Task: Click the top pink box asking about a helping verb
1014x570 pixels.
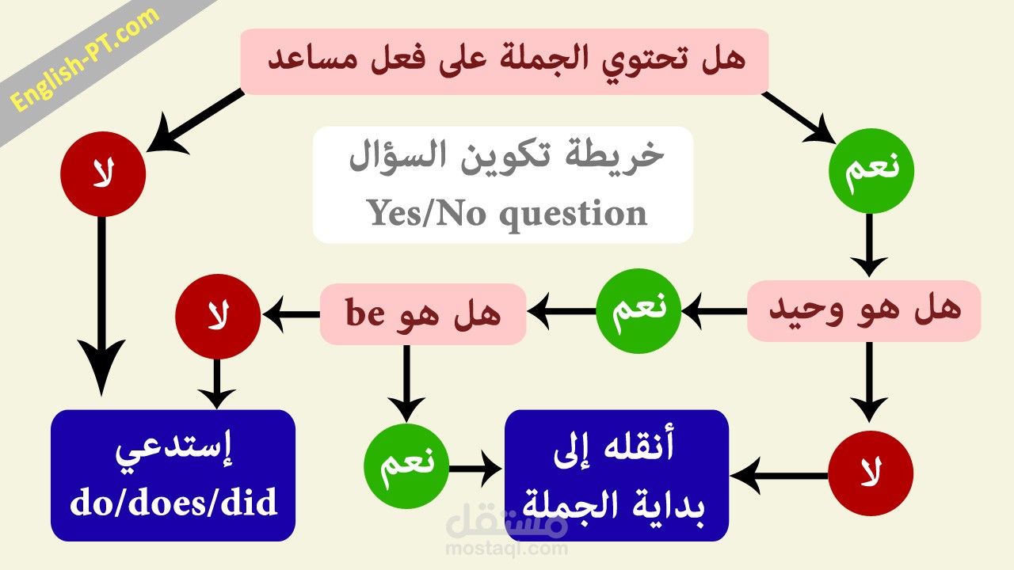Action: tap(505, 62)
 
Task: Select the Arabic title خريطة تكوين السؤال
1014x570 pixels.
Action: tap(506, 156)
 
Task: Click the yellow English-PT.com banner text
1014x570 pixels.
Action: tap(85, 59)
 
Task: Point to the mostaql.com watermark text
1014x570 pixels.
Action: tap(506, 549)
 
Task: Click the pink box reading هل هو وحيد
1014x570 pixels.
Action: tap(863, 311)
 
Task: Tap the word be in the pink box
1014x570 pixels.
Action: tap(365, 313)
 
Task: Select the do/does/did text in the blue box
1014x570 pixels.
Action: tap(173, 502)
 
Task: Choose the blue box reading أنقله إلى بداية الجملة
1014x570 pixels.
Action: tap(616, 476)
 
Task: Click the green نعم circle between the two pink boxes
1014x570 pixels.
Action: tap(639, 311)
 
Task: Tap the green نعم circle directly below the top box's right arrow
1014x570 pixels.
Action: tap(871, 171)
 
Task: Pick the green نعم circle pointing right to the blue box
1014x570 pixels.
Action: tap(406, 466)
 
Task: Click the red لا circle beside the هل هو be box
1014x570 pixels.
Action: tap(218, 317)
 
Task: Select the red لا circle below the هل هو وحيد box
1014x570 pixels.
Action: tap(871, 473)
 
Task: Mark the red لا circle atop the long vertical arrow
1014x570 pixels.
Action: tap(103, 174)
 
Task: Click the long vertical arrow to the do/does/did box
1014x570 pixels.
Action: tap(101, 306)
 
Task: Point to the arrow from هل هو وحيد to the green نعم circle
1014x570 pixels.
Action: tap(714, 311)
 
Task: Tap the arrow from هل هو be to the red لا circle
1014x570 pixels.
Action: tap(291, 314)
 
